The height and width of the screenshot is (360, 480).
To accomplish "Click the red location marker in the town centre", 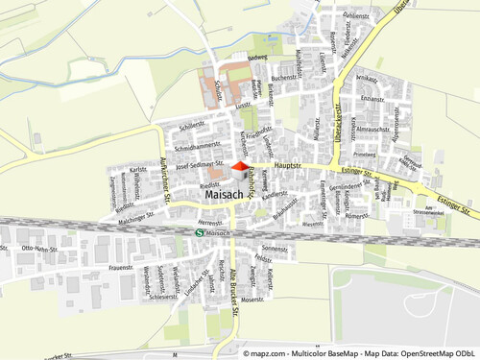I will (239, 168).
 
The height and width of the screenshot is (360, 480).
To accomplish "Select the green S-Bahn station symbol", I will (199, 232).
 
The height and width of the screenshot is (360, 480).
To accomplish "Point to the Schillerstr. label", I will (192, 125).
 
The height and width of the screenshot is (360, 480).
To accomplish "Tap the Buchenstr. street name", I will (283, 78).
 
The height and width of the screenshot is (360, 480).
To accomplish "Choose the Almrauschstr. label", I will (372, 129).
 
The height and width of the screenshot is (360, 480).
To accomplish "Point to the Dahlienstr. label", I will (355, 16).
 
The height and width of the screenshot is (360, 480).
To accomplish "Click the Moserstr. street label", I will (252, 300).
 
